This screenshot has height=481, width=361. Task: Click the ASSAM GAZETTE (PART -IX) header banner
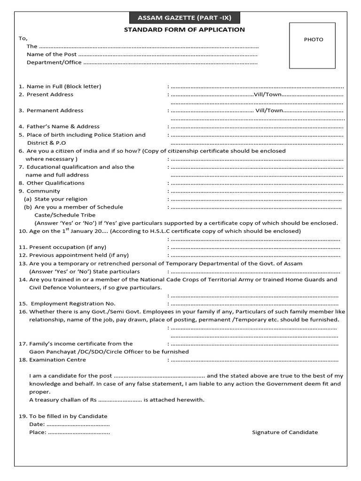tap(184, 18)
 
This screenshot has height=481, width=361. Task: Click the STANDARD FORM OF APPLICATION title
tap(184, 30)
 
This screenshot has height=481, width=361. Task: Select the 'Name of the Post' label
tap(52, 54)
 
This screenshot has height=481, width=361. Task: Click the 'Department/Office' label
tap(54, 62)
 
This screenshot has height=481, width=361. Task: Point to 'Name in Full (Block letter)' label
tap(63, 86)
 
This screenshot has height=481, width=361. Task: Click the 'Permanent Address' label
tap(55, 110)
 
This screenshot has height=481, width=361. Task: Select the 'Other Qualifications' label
tap(55, 183)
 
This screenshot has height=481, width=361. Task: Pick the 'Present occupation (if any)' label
tap(68, 247)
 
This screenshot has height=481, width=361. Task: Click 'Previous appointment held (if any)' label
tap(78, 255)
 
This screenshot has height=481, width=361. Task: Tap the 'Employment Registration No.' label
tap(73, 303)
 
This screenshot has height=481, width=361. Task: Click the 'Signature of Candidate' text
tap(285, 432)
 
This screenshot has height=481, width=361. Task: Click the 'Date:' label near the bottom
tap(37, 424)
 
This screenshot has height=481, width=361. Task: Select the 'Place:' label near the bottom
tap(38, 432)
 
